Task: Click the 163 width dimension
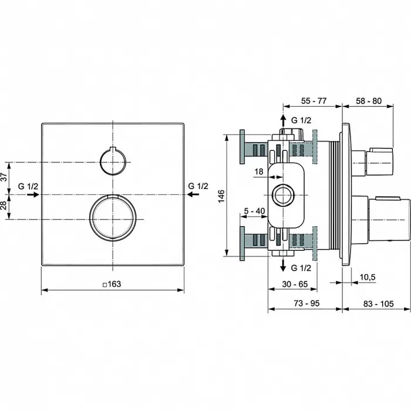pyautogui.click(x=113, y=284)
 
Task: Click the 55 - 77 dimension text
pyautogui.click(x=313, y=100)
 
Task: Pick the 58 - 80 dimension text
pyautogui.click(x=369, y=100)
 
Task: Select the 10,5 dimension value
pyautogui.click(x=367, y=277)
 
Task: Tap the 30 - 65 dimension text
pyautogui.click(x=294, y=283)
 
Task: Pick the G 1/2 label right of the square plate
pyautogui.click(x=198, y=186)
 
